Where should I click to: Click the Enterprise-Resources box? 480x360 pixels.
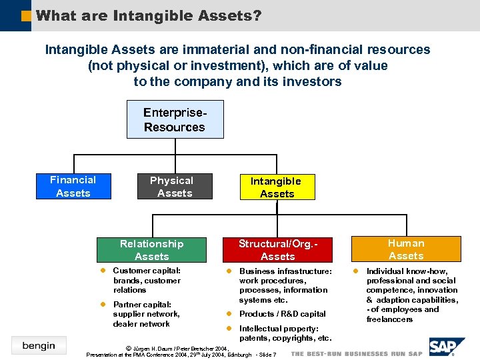(x=175, y=119)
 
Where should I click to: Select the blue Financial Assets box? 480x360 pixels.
(x=73, y=187)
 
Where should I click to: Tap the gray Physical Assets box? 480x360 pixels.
(x=175, y=187)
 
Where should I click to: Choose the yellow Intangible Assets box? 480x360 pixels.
(x=277, y=187)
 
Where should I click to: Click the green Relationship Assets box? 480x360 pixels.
(x=151, y=250)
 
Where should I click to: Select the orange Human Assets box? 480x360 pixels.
(x=406, y=249)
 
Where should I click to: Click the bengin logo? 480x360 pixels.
(x=39, y=345)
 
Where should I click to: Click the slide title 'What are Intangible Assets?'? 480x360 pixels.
(x=148, y=15)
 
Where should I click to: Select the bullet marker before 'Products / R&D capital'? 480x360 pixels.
(x=228, y=314)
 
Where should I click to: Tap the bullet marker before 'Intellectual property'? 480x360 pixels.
(x=228, y=329)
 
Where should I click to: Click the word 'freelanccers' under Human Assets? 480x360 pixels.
(x=389, y=319)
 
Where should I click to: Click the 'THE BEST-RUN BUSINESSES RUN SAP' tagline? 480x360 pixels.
(x=357, y=353)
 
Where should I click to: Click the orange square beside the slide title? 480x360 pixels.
(x=26, y=15)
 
